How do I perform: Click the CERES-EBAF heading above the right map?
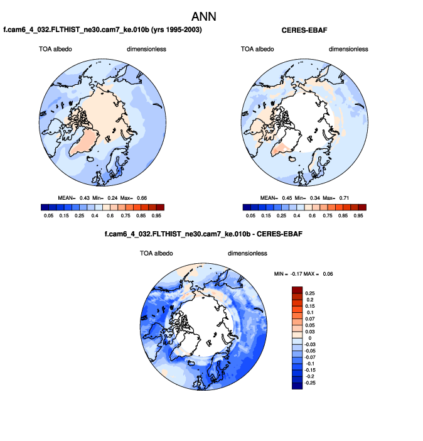click(x=304, y=30)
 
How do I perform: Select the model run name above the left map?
click(x=103, y=30)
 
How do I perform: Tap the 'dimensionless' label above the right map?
click(x=348, y=49)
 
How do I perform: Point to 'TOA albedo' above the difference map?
click(x=156, y=253)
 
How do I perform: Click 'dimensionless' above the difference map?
click(x=247, y=253)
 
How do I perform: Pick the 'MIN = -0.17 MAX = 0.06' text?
click(x=303, y=273)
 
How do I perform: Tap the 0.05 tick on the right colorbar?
click(x=250, y=215)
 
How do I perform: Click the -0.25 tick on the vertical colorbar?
click(x=311, y=382)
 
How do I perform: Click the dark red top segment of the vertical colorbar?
click(x=297, y=290)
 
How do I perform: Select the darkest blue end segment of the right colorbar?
click(x=245, y=207)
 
